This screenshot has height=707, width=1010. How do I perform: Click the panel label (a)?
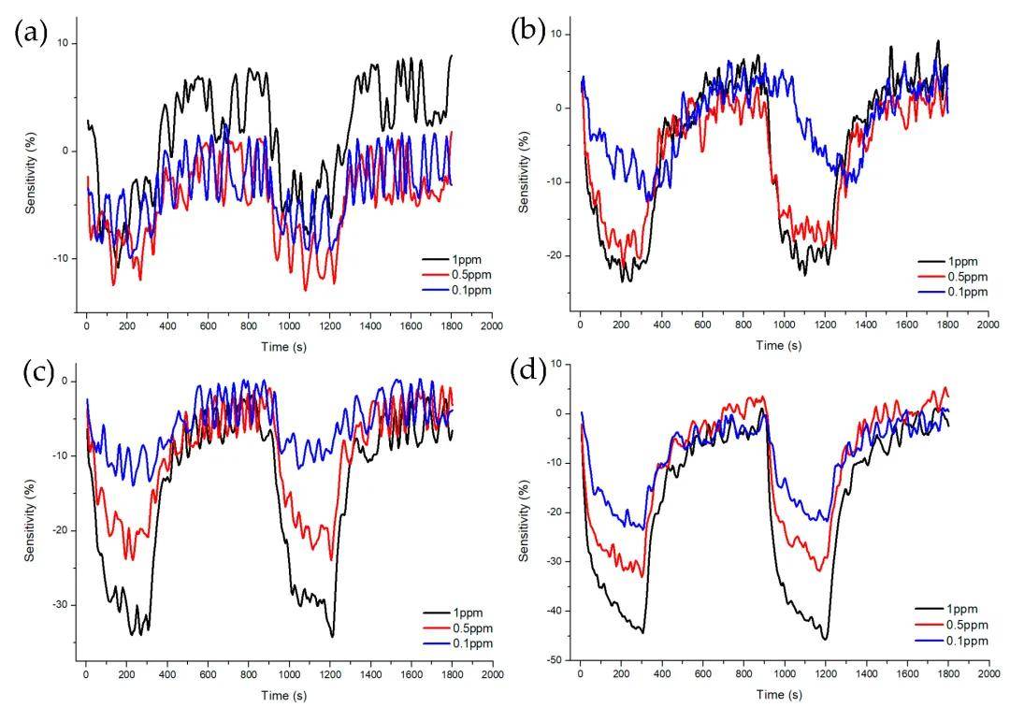[30, 33]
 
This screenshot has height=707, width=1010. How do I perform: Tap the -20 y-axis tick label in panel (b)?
[555, 255]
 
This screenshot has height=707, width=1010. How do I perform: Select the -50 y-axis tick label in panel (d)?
[555, 660]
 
